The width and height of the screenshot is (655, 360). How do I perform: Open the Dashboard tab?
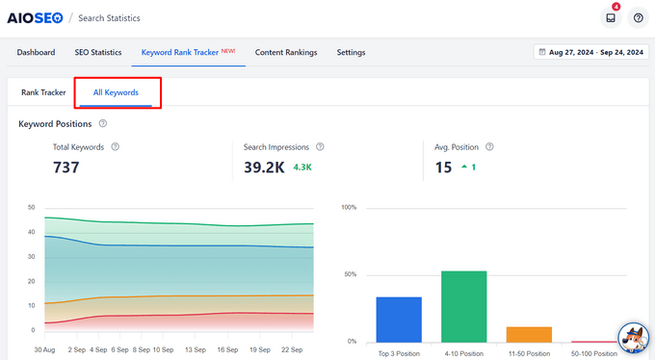[36, 52]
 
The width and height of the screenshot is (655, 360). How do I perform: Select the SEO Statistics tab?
[97, 52]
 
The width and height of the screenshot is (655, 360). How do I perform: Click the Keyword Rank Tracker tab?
[188, 52]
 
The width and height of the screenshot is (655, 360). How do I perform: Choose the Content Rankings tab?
[286, 52]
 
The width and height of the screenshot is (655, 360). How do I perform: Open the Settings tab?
[351, 52]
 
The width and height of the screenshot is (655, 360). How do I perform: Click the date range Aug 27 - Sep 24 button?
[590, 52]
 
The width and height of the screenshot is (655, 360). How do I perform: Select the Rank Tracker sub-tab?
[42, 92]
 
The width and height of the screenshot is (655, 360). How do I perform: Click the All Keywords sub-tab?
[116, 92]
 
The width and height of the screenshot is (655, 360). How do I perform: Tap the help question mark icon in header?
[638, 17]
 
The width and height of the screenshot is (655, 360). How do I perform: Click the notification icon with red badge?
[610, 17]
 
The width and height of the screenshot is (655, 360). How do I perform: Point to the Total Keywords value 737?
[65, 167]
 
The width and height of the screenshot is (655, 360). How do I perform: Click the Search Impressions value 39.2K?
[264, 167]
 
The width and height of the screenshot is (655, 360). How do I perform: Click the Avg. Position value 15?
[443, 167]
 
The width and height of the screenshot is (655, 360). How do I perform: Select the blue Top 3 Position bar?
[399, 320]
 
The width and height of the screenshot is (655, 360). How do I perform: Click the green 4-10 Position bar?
[463, 306]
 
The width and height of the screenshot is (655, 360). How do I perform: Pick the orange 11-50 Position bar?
[529, 334]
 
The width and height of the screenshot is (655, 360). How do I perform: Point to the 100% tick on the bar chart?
[349, 207]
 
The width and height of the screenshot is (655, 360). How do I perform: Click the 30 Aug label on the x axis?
[44, 349]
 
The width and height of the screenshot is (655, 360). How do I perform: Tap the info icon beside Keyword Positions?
[103, 123]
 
